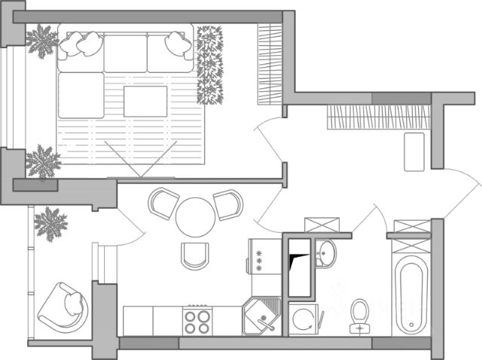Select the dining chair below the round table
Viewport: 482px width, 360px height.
195,256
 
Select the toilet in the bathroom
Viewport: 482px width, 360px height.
360,315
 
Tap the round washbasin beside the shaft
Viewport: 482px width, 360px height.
326,253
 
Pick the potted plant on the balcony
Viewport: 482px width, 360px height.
51,222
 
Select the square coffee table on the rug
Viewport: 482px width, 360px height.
145,102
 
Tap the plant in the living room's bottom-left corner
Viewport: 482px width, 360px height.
44,162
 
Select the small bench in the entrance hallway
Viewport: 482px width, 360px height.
414,151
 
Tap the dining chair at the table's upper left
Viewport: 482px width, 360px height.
164,203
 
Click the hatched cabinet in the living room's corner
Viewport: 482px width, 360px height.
269,63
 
